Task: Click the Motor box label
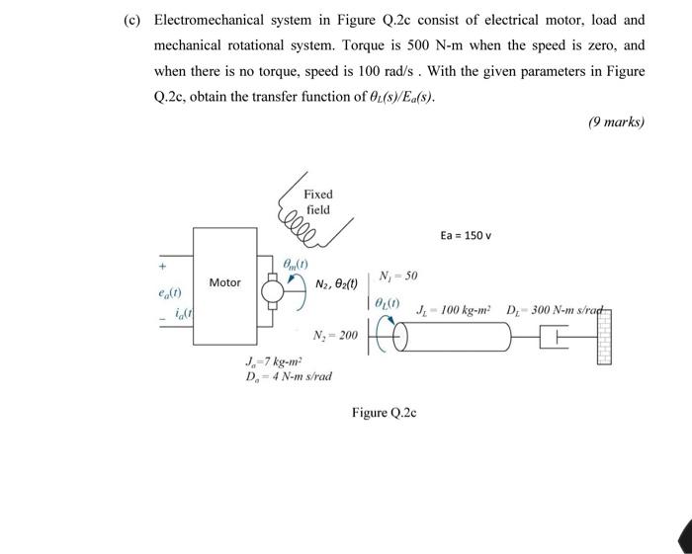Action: click(x=224, y=282)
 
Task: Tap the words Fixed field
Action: click(x=318, y=201)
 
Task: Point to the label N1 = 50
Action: click(x=398, y=274)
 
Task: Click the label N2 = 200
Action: click(x=335, y=336)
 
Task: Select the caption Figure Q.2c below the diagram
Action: click(x=384, y=412)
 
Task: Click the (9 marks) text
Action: click(x=615, y=122)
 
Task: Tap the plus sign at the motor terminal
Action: click(x=156, y=266)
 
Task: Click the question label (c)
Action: click(x=130, y=20)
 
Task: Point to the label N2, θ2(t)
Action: click(x=337, y=283)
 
